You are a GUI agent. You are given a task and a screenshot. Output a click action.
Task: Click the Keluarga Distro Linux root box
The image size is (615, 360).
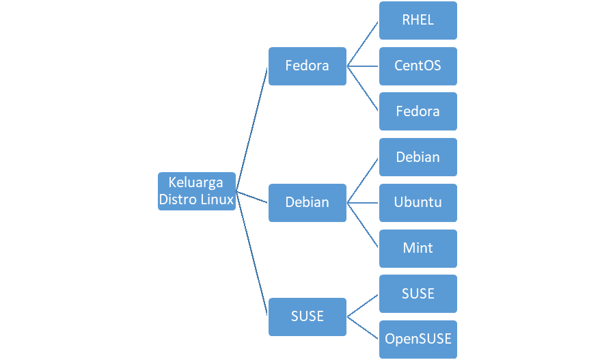(x=197, y=191)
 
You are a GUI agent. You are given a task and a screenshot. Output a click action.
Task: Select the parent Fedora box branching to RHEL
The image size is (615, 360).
(x=307, y=66)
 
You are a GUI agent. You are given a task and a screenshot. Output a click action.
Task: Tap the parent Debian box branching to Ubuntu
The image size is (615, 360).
(x=307, y=203)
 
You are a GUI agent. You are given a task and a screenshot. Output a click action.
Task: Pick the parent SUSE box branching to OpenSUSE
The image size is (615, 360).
(x=307, y=317)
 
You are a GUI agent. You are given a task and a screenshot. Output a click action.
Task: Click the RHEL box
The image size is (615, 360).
(x=418, y=20)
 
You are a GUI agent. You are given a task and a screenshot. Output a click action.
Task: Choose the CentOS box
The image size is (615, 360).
(x=418, y=66)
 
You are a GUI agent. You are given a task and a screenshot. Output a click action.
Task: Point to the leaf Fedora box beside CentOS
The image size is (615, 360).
(x=418, y=111)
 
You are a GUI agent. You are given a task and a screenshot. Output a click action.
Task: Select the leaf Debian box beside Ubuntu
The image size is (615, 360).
(x=418, y=157)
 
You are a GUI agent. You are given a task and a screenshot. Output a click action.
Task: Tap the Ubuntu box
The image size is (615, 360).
(x=418, y=203)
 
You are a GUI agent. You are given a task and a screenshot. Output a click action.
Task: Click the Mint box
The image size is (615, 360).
(x=418, y=249)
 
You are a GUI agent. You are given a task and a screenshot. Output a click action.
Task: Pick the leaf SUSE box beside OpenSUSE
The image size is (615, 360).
(x=418, y=294)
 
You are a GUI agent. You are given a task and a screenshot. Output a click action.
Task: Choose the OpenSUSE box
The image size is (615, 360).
(x=418, y=340)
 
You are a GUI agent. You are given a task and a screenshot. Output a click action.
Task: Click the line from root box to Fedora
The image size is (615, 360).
(x=251, y=130)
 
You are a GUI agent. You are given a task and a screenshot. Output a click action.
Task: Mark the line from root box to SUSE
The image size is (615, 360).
(x=251, y=253)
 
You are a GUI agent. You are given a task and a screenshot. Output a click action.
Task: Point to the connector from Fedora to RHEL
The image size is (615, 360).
(x=363, y=44)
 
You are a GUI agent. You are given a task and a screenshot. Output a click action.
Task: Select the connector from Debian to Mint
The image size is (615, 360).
(x=363, y=225)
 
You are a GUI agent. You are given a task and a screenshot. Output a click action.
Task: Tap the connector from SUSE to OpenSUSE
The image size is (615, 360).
(x=363, y=328)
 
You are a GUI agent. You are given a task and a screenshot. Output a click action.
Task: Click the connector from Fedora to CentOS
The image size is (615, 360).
(x=363, y=66)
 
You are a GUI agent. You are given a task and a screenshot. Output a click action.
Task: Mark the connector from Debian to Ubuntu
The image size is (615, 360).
(x=363, y=203)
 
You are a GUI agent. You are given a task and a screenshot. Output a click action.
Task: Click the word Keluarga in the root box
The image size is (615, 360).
(x=195, y=183)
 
